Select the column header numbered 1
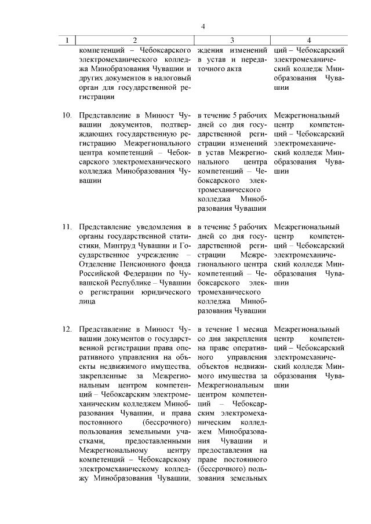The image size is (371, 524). pyautogui.click(x=68, y=41)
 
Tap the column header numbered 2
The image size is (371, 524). pyautogui.click(x=134, y=41)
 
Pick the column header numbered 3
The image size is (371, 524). pyautogui.click(x=232, y=41)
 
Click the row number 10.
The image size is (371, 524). pyautogui.click(x=67, y=115)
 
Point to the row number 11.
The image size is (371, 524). pyautogui.click(x=67, y=226)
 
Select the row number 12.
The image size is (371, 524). pyautogui.click(x=67, y=329)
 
